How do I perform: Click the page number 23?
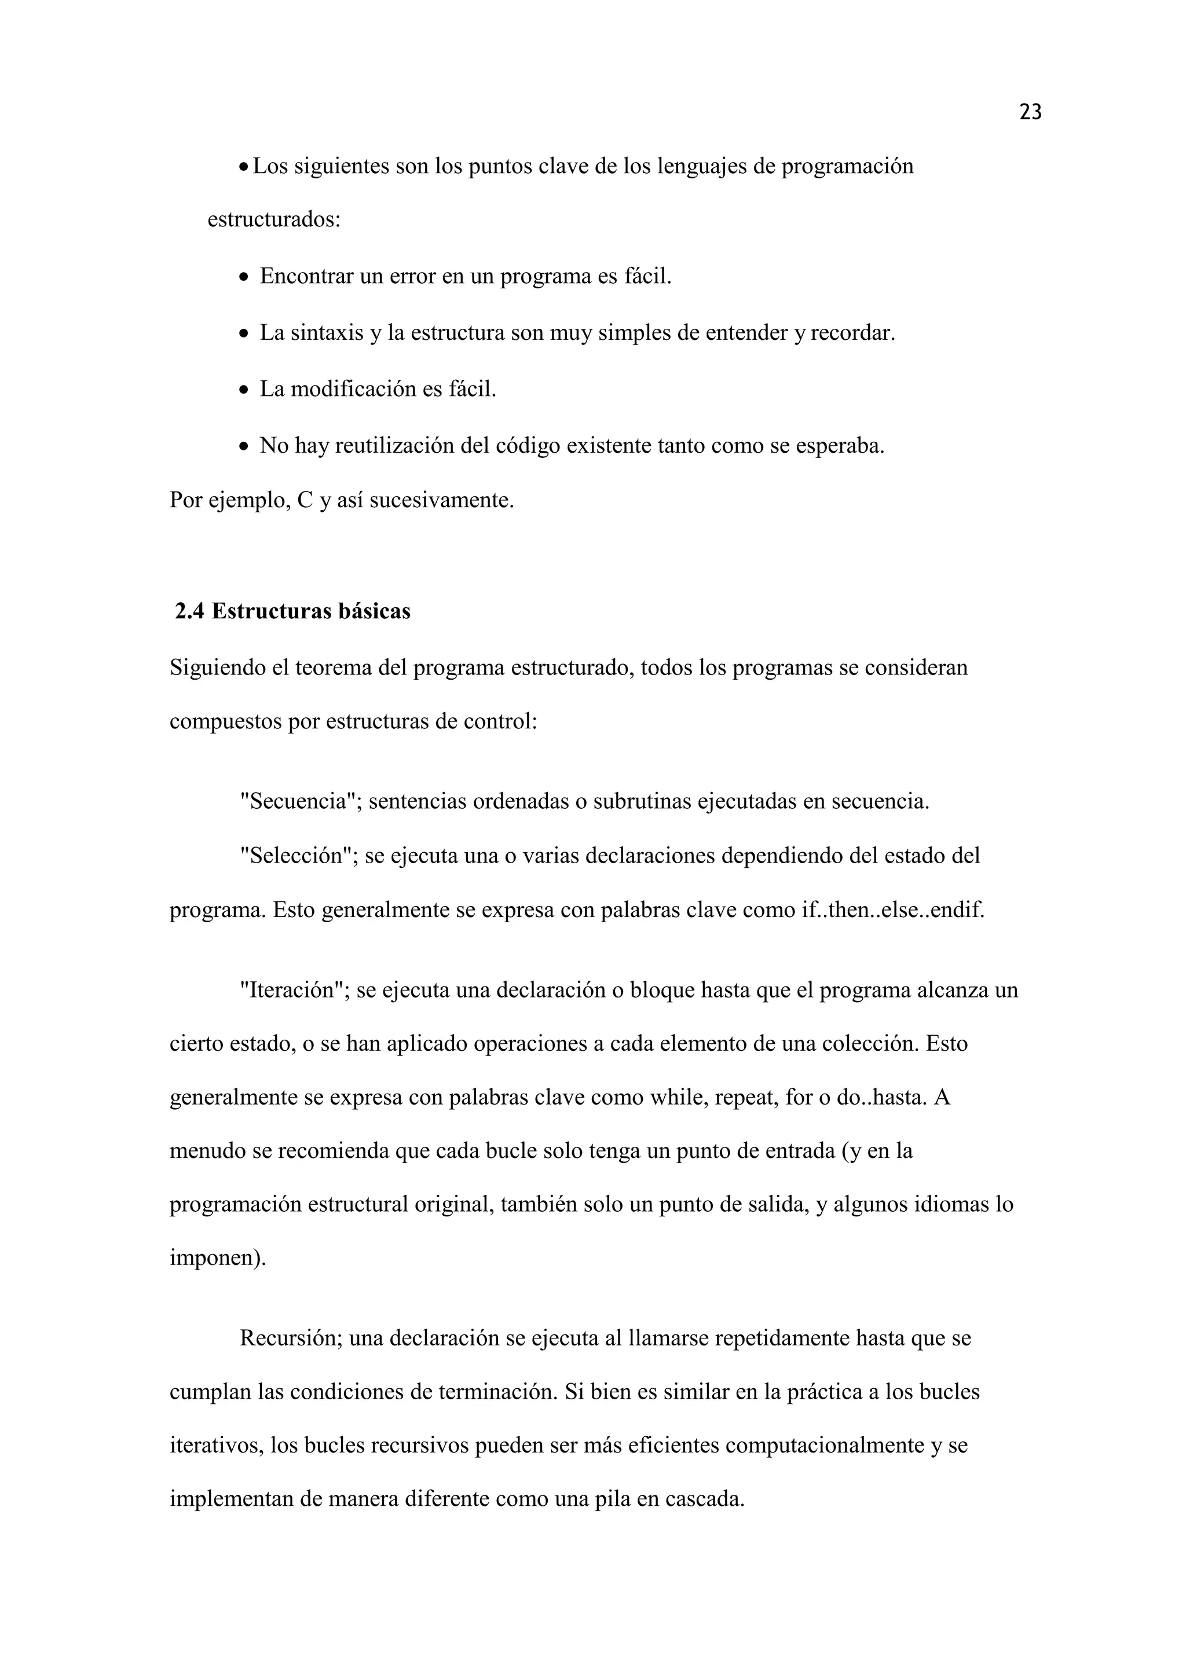(x=1030, y=112)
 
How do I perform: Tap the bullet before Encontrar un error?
(x=244, y=277)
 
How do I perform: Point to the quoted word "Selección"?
(x=299, y=856)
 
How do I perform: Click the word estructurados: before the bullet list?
(x=274, y=220)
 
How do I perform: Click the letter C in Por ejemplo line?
(x=305, y=501)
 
